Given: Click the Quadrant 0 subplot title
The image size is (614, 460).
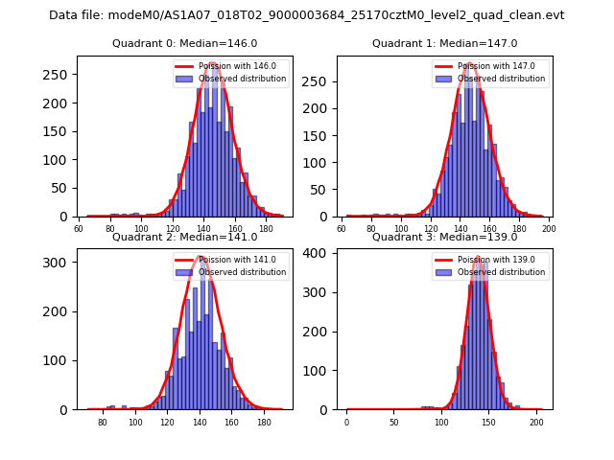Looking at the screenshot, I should click(x=185, y=43).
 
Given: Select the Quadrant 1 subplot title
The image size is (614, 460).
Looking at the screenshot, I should click(x=444, y=43).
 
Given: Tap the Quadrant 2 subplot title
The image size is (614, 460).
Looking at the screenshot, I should click(x=185, y=237).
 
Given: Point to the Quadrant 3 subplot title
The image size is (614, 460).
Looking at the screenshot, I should click(x=444, y=237).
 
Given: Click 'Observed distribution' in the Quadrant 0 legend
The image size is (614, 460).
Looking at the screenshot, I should click(x=242, y=79).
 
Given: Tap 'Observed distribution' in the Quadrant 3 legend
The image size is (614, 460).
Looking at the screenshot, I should click(x=502, y=272).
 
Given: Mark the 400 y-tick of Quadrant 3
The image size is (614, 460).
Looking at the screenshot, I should click(x=320, y=254).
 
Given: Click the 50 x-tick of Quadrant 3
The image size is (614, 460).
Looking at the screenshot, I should click(x=393, y=423).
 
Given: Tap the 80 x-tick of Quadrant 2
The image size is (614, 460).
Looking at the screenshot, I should click(x=103, y=423).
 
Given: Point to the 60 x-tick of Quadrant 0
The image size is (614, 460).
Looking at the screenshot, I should click(x=79, y=229).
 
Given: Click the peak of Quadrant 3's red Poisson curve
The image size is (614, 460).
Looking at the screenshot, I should click(x=480, y=257).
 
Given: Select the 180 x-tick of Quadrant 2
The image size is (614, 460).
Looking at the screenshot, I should click(x=265, y=423).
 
